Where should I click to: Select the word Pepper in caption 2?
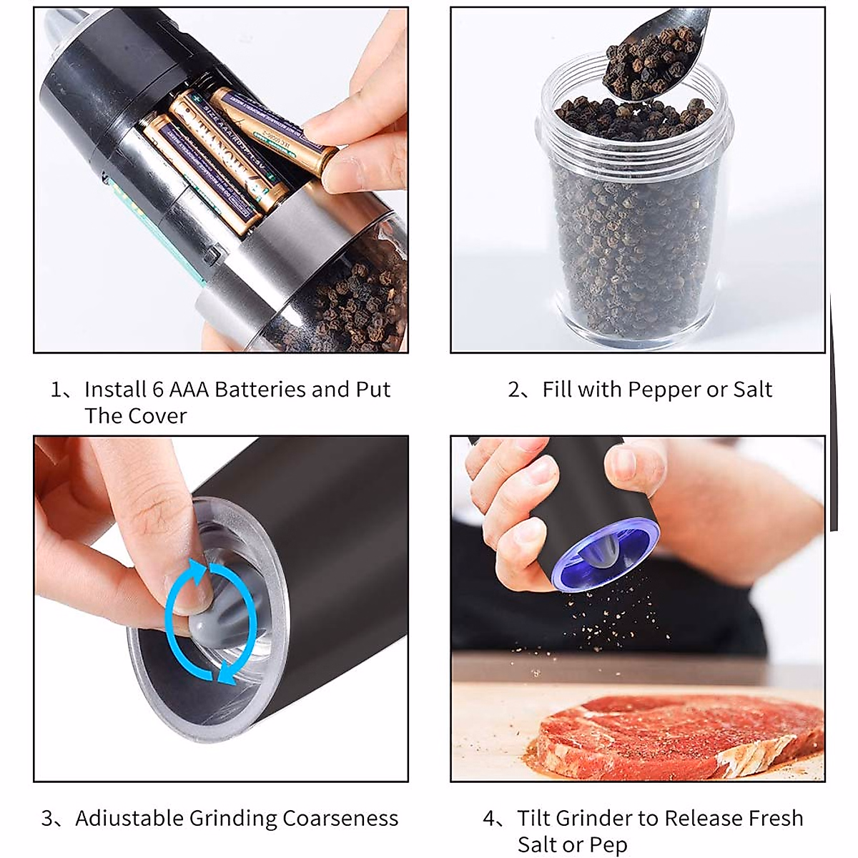pyautogui.click(x=664, y=390)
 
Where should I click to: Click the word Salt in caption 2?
pyautogui.click(x=752, y=390)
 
